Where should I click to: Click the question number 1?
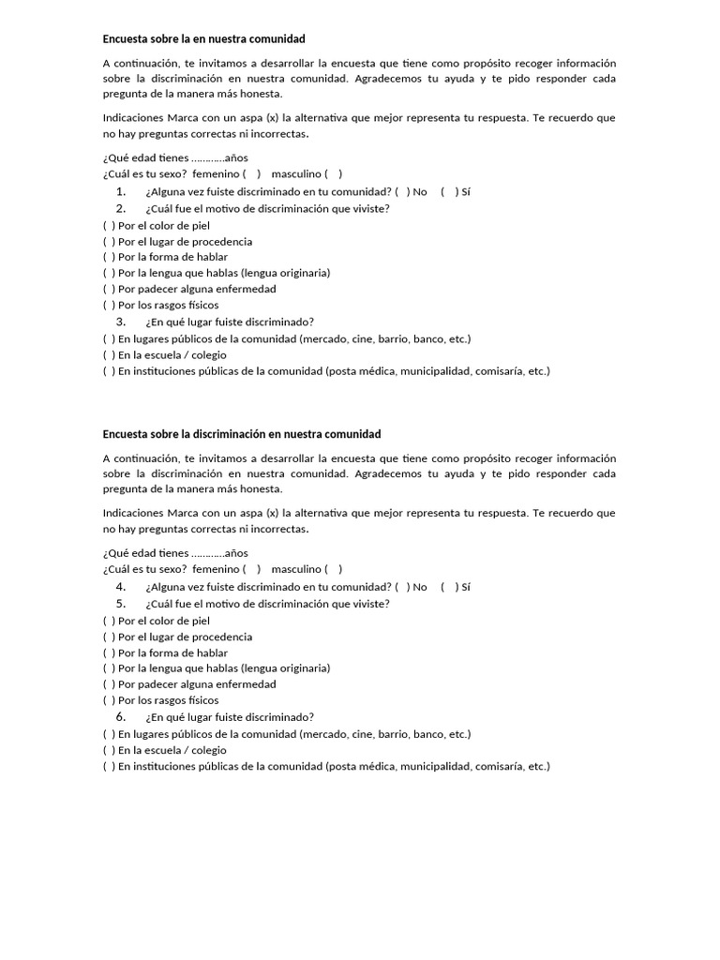point(121,191)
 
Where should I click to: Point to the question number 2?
point(121,208)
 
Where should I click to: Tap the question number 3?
point(121,321)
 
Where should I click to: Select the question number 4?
point(121,587)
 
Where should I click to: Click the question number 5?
point(121,604)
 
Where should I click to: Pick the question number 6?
point(121,716)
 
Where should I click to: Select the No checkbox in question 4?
point(401,588)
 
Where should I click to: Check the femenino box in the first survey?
point(251,174)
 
